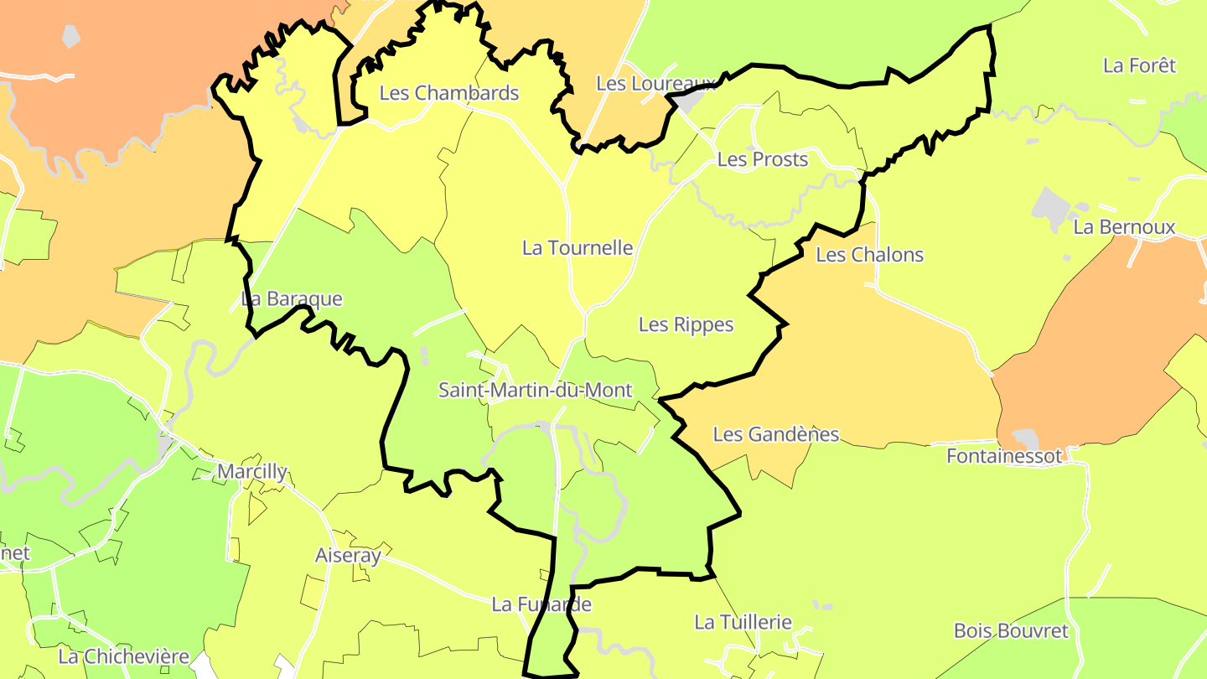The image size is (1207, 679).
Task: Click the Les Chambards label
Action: [449, 93]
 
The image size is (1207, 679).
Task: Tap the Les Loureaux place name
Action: [655, 83]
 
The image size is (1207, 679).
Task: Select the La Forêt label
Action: [1139, 65]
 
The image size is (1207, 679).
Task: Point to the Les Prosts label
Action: [762, 159]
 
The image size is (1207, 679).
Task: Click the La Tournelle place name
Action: [577, 248]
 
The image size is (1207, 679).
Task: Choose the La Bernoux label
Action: [1124, 227]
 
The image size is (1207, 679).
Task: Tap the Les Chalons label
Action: [869, 255]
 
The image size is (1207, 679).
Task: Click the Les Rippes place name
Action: [686, 324]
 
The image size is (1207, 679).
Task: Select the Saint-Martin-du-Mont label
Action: [535, 391]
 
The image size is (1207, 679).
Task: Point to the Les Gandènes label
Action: [775, 434]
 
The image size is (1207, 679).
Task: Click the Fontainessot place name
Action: [1004, 456]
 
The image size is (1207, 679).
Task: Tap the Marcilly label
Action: [251, 472]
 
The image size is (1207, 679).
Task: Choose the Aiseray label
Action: [348, 555]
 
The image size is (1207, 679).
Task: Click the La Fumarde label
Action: [541, 604]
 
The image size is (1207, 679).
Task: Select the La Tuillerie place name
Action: [743, 622]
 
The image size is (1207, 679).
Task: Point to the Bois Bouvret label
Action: [1011, 631]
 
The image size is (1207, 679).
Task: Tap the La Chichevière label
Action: [124, 656]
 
